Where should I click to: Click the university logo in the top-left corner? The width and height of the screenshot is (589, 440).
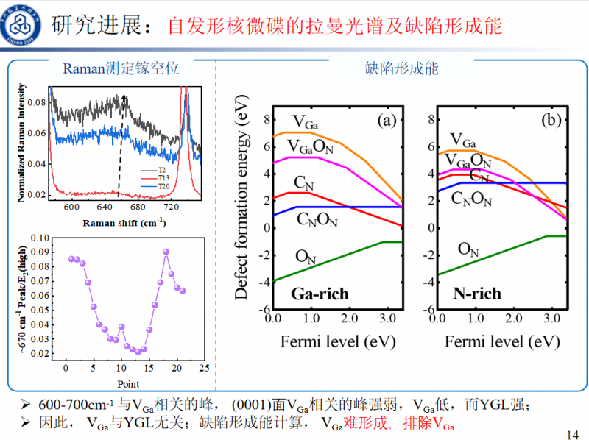point(23,23)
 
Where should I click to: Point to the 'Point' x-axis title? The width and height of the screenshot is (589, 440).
point(128,383)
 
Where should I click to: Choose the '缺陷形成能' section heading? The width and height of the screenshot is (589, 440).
point(402,69)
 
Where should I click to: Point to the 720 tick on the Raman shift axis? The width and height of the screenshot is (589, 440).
point(172,208)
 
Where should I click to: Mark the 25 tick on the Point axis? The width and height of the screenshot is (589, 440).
point(203,368)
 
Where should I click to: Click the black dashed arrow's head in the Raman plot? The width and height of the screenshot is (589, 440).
point(124,99)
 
